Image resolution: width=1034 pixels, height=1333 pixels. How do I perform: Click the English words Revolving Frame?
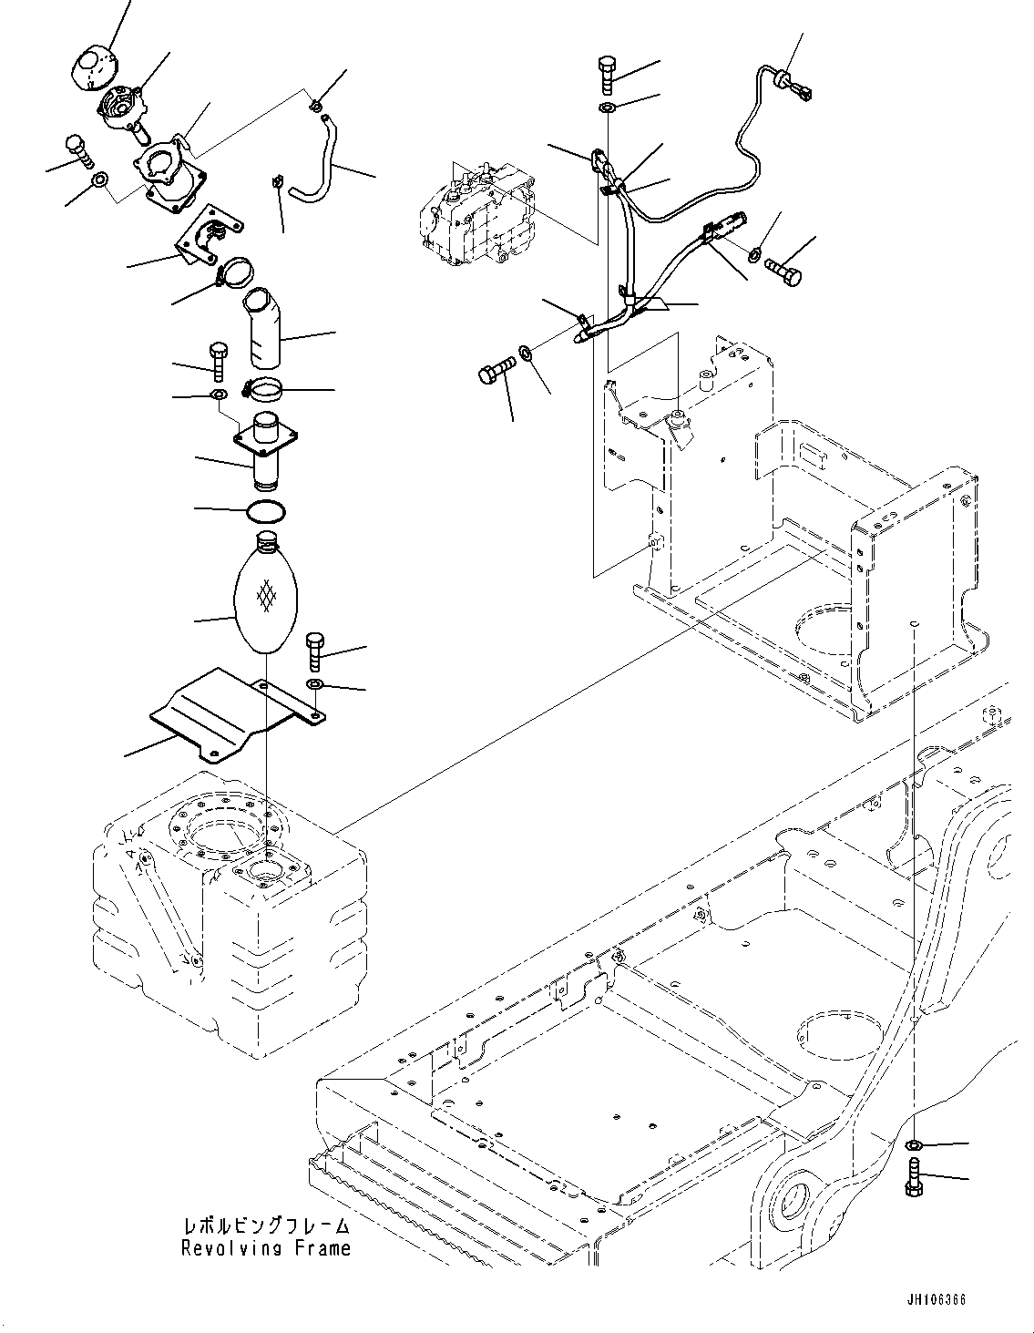click(x=265, y=1248)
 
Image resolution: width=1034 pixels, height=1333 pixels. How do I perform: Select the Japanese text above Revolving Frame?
click(x=265, y=1226)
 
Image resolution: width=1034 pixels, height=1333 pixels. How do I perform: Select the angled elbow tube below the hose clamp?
click(x=264, y=327)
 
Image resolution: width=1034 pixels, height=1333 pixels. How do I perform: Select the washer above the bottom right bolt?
click(x=916, y=1145)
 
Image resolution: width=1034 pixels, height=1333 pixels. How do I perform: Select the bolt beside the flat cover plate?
click(x=314, y=649)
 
